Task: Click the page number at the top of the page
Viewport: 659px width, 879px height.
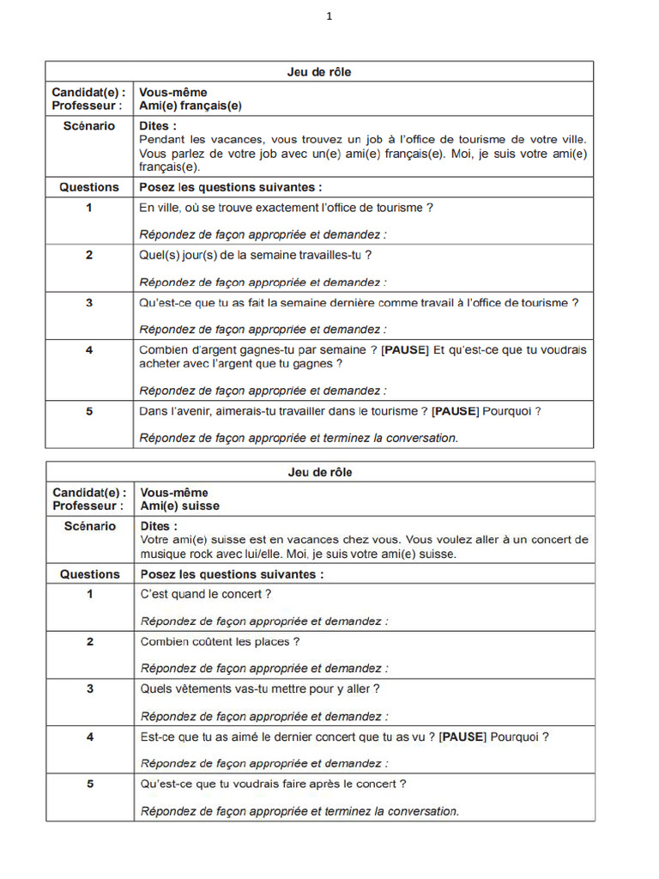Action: click(329, 15)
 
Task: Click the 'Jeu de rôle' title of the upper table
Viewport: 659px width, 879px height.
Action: click(319, 72)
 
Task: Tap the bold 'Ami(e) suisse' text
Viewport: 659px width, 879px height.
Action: click(180, 506)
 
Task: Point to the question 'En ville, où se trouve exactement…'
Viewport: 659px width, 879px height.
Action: click(286, 208)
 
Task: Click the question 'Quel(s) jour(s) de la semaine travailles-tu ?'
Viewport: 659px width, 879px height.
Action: click(255, 255)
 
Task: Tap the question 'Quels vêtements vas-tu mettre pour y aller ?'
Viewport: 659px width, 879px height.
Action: click(259, 688)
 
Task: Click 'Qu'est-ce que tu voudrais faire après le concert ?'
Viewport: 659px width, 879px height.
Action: click(273, 784)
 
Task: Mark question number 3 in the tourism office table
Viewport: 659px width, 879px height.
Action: click(89, 302)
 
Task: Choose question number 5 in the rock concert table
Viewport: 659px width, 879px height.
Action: click(89, 784)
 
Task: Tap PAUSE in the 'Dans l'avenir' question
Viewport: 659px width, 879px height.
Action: click(455, 411)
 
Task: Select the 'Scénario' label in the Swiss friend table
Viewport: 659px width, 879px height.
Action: click(89, 526)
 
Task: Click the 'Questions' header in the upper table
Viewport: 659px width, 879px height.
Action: click(89, 187)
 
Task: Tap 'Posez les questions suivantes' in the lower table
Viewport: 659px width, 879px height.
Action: click(232, 574)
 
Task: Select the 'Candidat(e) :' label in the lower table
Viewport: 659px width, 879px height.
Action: click(89, 493)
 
